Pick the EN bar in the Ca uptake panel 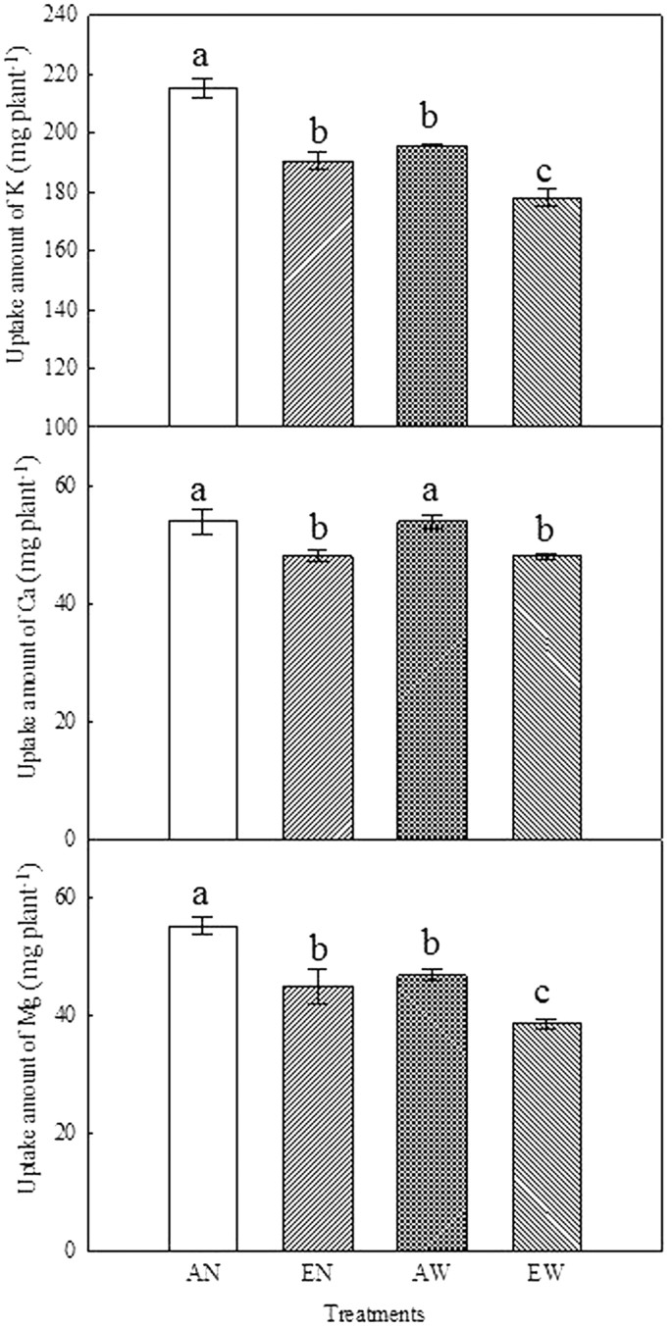[318, 696]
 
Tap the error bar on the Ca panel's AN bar [203, 522]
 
